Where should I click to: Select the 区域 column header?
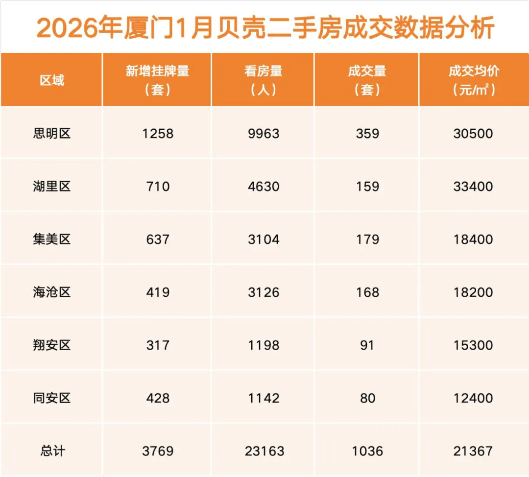(x=52, y=80)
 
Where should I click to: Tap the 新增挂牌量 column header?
(x=157, y=80)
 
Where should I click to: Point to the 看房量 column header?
(x=264, y=80)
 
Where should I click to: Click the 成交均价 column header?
(x=473, y=80)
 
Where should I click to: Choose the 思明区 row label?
(x=52, y=133)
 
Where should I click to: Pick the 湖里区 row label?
(x=52, y=187)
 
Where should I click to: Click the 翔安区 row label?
(x=52, y=345)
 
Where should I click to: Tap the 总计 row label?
(x=52, y=451)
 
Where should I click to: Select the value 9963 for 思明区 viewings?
(x=264, y=134)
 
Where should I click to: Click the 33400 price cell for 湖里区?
(x=473, y=187)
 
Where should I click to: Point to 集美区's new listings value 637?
(x=158, y=239)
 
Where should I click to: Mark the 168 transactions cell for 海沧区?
(x=367, y=292)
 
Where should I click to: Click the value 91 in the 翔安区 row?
(x=367, y=345)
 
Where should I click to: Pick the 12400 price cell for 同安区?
(x=473, y=398)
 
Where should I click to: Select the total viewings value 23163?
(x=264, y=451)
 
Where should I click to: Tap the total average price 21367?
(x=473, y=451)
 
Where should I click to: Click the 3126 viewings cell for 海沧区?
(x=264, y=292)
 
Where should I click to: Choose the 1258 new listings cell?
(x=158, y=134)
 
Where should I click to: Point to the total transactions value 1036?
(x=367, y=451)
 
